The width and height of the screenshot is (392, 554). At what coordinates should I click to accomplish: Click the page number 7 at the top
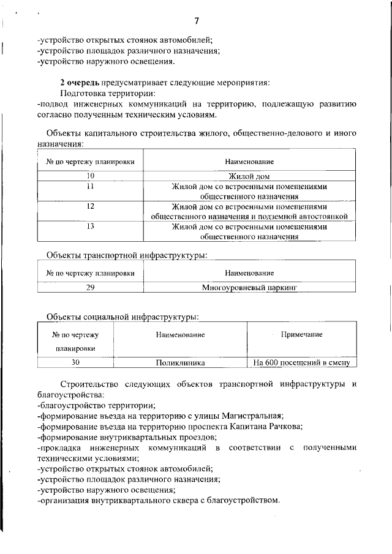coord(196,21)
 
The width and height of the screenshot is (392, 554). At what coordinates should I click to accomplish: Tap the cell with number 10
coord(90,176)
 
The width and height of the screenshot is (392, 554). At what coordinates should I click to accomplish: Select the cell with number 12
coord(90,206)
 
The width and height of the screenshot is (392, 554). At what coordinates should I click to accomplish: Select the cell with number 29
coord(90,286)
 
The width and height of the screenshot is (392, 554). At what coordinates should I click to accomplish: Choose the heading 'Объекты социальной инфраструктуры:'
coord(123,316)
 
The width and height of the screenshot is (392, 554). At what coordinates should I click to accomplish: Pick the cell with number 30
coord(76,362)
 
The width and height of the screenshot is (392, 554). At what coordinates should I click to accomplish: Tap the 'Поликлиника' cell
coord(179,362)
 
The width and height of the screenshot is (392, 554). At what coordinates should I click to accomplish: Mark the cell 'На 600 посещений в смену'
coord(301,362)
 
